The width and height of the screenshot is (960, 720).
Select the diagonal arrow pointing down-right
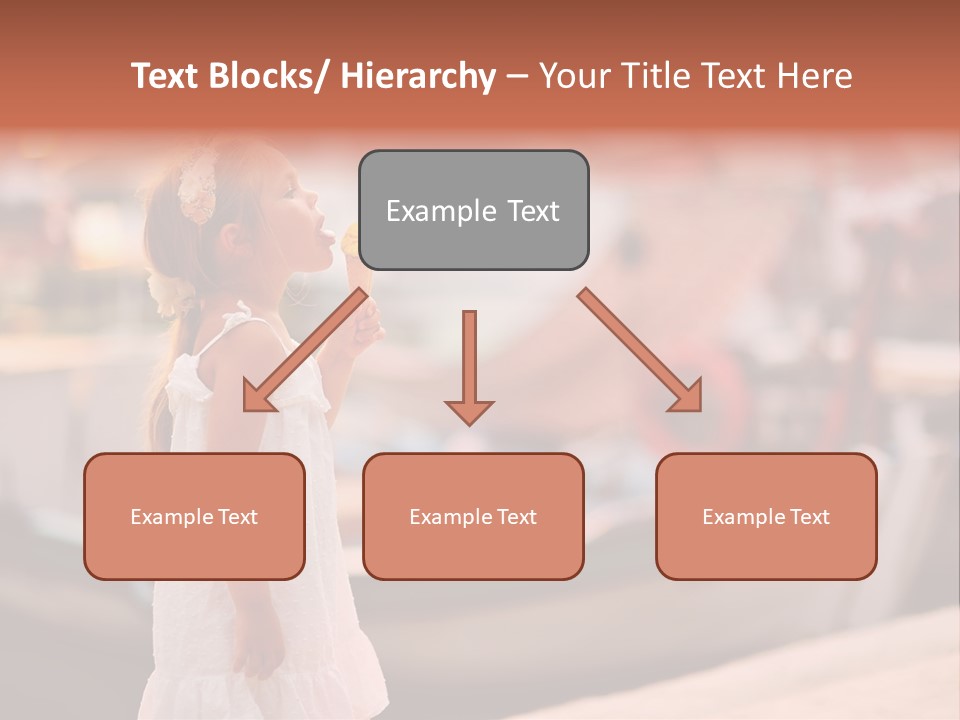pos(640,350)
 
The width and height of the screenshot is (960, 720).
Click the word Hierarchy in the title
pos(418,76)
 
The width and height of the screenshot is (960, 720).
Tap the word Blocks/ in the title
pos(269,76)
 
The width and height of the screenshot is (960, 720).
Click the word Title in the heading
pos(655,76)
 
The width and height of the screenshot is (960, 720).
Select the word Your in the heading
pos(574,76)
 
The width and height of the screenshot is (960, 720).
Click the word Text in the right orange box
pos(807,517)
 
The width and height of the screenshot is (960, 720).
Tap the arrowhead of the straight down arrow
pos(469,412)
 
